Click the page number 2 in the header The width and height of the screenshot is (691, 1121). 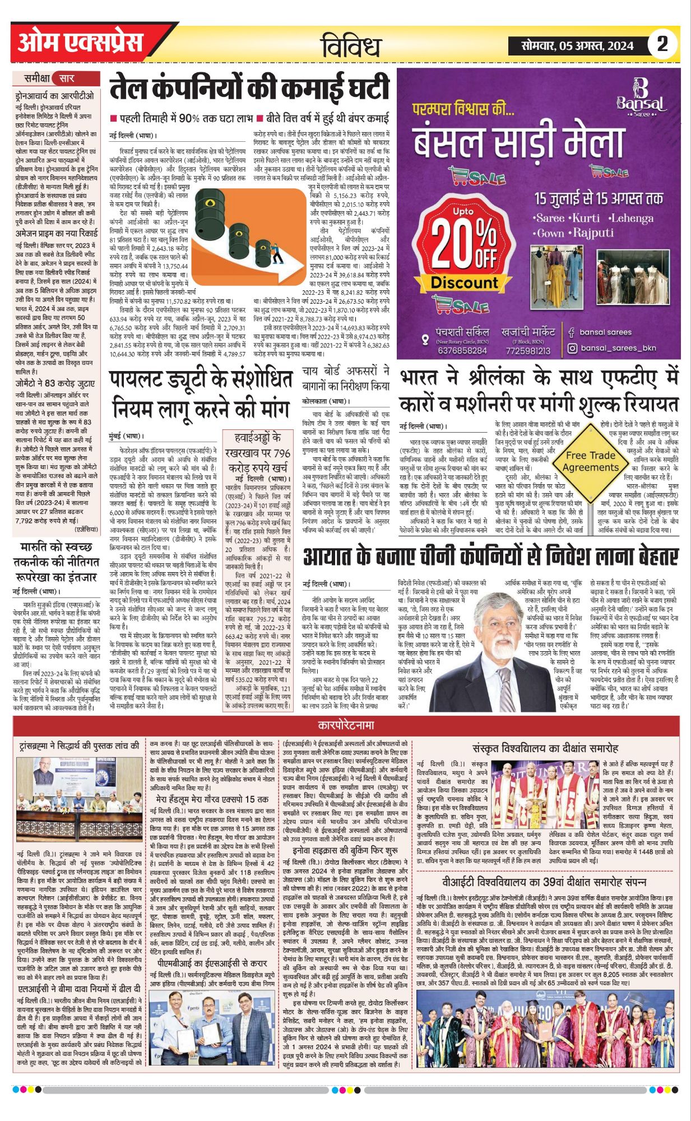tap(662, 44)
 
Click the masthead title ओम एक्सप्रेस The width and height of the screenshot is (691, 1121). tap(81, 43)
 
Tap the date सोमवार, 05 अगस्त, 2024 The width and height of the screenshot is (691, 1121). tap(577, 45)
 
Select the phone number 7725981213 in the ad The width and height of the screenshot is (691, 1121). tap(528, 351)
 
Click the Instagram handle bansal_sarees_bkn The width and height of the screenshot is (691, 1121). tap(618, 348)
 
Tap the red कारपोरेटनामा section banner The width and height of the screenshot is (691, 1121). tap(345, 725)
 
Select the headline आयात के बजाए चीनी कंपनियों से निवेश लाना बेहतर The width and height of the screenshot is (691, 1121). tap(490, 557)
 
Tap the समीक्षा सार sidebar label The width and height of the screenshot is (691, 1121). tap(49, 78)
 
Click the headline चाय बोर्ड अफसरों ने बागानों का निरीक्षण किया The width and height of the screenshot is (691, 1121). tap(345, 378)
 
